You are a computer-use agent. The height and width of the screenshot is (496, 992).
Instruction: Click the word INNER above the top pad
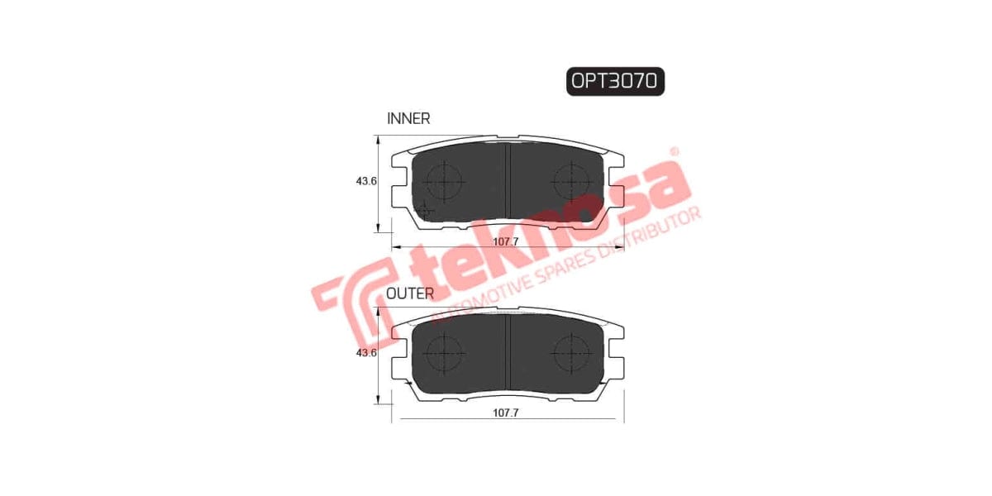(408, 118)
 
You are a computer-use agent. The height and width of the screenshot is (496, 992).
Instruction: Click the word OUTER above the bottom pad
(410, 293)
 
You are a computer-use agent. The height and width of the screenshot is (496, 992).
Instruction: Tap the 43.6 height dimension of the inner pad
(367, 181)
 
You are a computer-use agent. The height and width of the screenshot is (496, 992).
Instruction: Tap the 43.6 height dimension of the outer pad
(367, 353)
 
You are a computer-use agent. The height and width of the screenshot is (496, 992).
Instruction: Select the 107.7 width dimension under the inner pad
(505, 241)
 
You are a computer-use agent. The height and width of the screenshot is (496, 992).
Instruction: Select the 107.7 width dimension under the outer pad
(505, 413)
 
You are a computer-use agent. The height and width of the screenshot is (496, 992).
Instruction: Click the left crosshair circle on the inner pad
(444, 179)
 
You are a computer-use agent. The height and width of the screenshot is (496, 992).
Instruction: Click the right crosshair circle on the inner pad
(570, 179)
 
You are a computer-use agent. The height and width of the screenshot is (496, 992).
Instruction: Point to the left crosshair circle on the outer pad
(444, 353)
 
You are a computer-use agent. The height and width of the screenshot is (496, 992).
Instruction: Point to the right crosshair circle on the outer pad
(570, 353)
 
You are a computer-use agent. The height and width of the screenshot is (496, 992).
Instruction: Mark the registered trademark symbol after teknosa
(674, 152)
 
